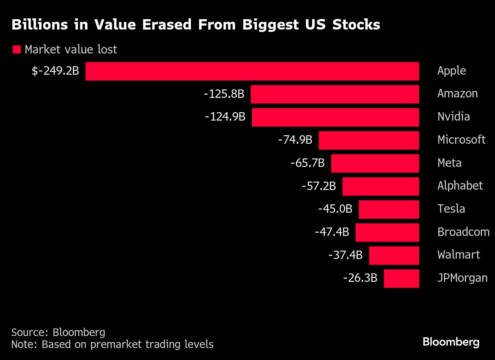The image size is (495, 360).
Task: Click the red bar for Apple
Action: [252, 71]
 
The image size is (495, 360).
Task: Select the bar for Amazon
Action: [335, 94]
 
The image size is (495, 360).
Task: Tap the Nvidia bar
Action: [335, 117]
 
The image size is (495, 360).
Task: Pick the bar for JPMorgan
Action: [401, 279]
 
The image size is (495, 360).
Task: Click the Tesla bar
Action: [389, 210]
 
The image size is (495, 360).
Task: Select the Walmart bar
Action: [394, 255]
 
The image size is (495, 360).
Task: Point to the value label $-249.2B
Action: [55, 71]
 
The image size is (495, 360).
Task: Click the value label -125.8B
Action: [224, 94]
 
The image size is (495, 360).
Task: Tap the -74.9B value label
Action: [295, 140]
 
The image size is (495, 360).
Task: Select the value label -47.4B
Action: [332, 232]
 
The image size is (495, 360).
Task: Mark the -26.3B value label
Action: [360, 278]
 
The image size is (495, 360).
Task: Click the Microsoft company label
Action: [461, 140]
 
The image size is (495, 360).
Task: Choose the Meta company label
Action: [449, 163]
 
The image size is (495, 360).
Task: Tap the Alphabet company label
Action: [460, 186]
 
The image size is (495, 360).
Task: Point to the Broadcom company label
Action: [463, 232]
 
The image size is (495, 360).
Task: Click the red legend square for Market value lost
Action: [17, 50]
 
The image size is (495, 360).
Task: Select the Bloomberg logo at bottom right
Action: [451, 342]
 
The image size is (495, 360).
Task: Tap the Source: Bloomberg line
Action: [58, 332]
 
